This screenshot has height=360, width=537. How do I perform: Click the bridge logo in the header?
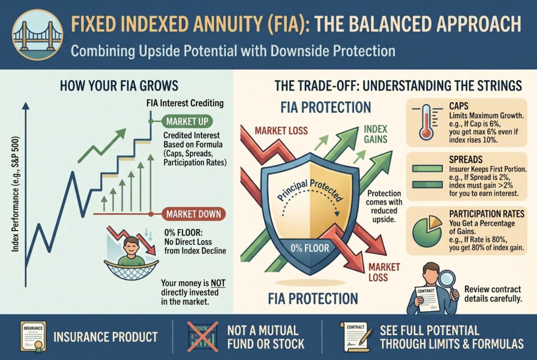point(37,35)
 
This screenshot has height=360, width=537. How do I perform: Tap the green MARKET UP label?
point(187,122)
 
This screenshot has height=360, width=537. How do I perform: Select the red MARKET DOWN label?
point(194,214)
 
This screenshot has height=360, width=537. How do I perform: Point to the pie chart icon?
point(427,231)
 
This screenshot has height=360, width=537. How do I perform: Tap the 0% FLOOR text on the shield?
point(309,248)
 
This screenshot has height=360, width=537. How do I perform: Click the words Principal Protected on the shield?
point(310,189)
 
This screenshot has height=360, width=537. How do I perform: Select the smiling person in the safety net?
point(132,252)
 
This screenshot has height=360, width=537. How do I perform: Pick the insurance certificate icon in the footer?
point(33,337)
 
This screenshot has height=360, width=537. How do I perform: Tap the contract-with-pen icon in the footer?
point(356,337)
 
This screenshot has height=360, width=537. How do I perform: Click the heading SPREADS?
point(466,159)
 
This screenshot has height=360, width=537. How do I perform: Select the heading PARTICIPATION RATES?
point(487,214)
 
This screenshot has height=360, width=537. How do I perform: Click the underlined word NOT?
point(218,283)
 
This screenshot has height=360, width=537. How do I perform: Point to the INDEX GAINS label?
point(375,134)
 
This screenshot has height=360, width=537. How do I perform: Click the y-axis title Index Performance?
point(15,194)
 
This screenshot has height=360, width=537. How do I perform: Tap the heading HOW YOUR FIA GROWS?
point(119,85)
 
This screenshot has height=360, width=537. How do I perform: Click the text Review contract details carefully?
point(493,294)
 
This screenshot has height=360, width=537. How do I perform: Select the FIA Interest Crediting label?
point(185,103)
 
